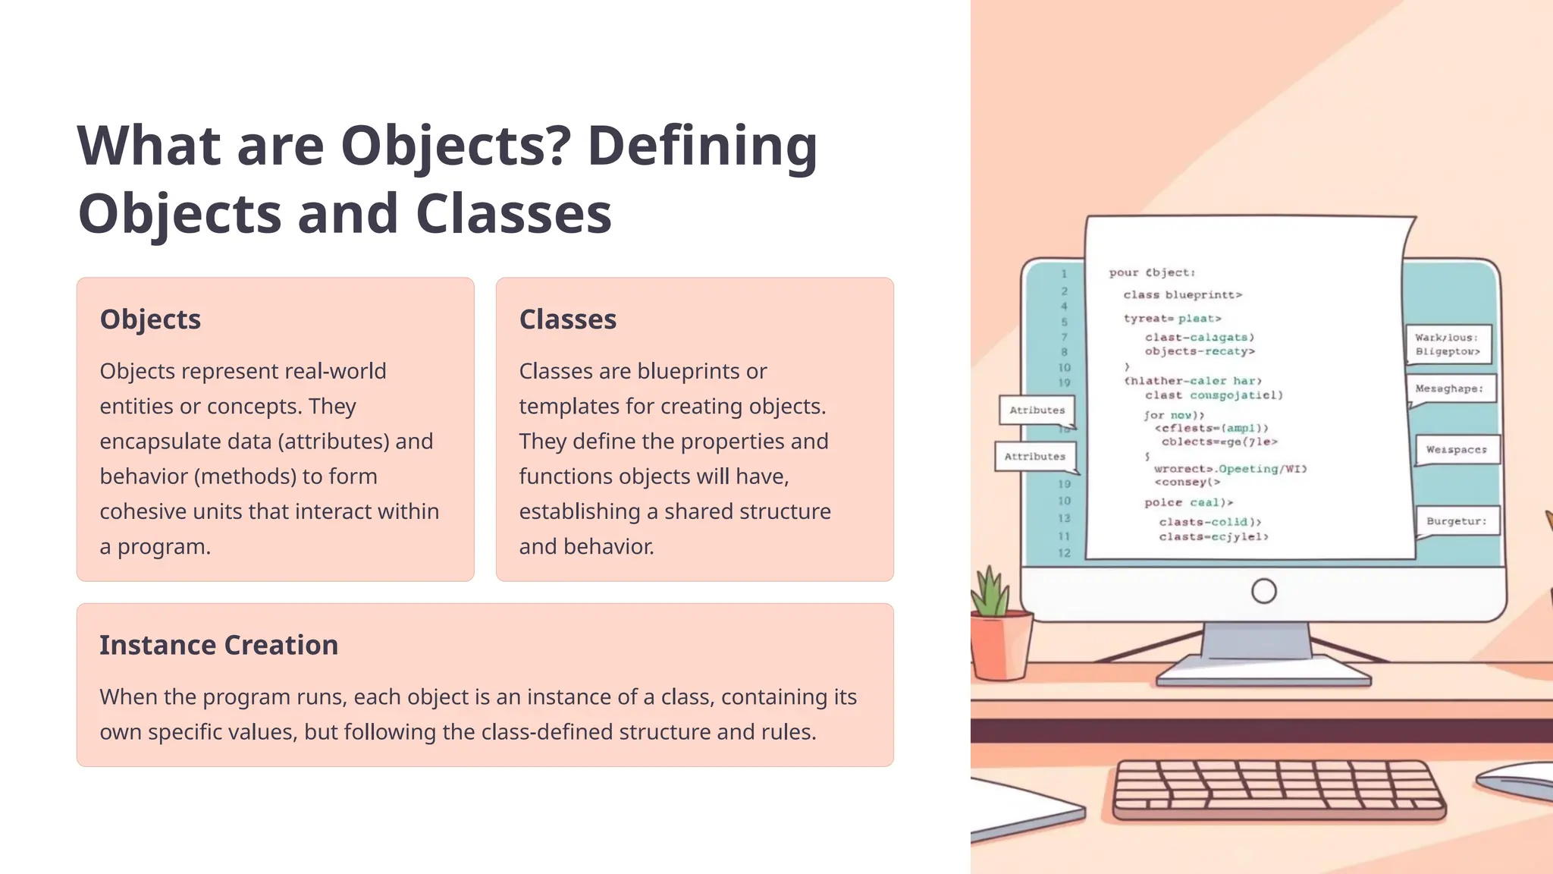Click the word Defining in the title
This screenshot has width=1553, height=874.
pyautogui.click(x=702, y=146)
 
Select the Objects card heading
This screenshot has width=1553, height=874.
pyautogui.click(x=150, y=319)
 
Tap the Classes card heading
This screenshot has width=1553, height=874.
pyautogui.click(x=567, y=319)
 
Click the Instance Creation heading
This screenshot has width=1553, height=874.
pyautogui.click(x=218, y=645)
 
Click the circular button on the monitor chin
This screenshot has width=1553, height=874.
pyautogui.click(x=1263, y=591)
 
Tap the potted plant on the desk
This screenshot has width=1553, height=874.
pyautogui.click(x=998, y=630)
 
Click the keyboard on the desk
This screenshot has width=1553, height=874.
pyautogui.click(x=1278, y=789)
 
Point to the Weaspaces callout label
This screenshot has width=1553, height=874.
pyautogui.click(x=1456, y=450)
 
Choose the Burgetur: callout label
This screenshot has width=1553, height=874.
pyautogui.click(x=1456, y=521)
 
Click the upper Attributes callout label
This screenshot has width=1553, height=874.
pyautogui.click(x=1037, y=410)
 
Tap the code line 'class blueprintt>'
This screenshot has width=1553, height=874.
pyautogui.click(x=1182, y=295)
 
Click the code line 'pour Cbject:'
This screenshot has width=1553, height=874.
pyautogui.click(x=1152, y=272)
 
